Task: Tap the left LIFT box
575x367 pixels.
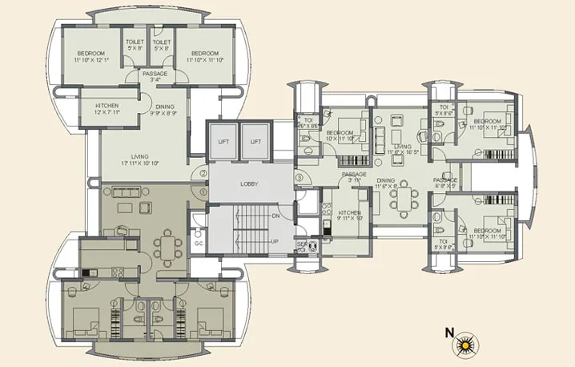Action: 223,141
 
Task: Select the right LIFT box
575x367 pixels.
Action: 256,141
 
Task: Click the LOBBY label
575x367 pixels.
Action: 249,184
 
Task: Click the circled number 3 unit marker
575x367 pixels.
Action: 299,177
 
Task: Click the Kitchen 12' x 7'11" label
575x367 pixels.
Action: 108,110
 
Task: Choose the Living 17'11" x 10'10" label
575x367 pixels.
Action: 142,160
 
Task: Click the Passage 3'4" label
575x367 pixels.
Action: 155,76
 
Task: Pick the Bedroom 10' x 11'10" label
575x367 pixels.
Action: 340,136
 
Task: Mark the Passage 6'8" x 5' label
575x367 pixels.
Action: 445,183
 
